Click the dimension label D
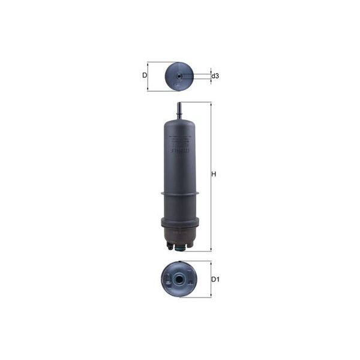coord(144,76)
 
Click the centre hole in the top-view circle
coord(179,76)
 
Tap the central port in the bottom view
coord(179,279)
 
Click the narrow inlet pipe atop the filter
coord(179,110)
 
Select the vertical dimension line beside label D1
coord(211,279)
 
